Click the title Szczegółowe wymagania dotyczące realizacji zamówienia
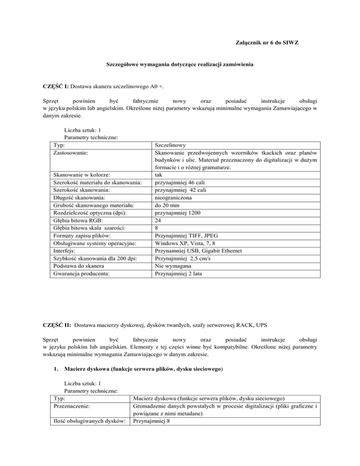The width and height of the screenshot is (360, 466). click(x=180, y=68)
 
